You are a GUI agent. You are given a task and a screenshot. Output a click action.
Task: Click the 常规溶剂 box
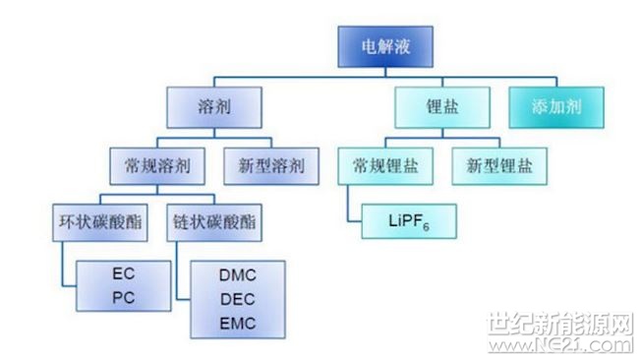[x=156, y=164]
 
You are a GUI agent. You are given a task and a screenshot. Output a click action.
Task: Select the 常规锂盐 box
[x=384, y=164]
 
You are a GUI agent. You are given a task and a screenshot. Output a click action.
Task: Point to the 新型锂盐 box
[x=498, y=164]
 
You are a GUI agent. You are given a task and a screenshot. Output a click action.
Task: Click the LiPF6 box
[x=407, y=222]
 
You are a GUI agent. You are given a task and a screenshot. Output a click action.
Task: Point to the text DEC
[x=237, y=300]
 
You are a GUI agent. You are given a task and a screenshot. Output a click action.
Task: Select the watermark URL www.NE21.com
[x=560, y=345]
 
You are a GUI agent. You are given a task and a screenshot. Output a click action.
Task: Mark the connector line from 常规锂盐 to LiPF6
[x=348, y=205]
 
